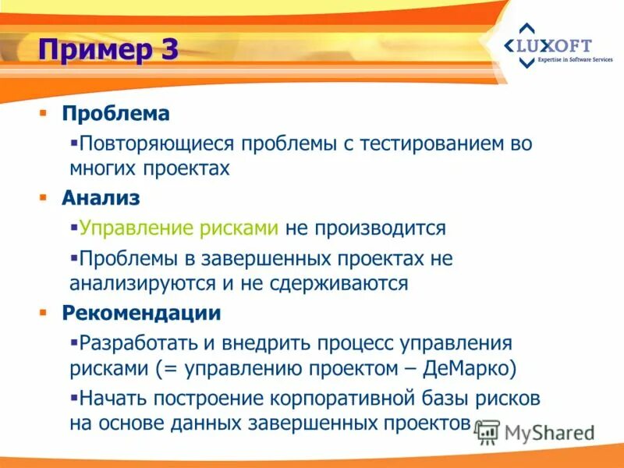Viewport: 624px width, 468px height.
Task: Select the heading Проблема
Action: click(x=116, y=114)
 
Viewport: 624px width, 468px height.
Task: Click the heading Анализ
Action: click(x=101, y=198)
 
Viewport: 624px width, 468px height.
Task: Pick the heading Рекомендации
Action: click(x=142, y=313)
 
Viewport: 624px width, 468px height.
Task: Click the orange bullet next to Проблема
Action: click(x=44, y=114)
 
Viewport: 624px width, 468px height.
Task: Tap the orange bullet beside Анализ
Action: click(x=44, y=198)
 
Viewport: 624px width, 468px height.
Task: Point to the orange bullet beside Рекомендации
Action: click(x=44, y=313)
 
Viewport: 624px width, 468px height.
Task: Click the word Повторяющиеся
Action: click(x=155, y=144)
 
